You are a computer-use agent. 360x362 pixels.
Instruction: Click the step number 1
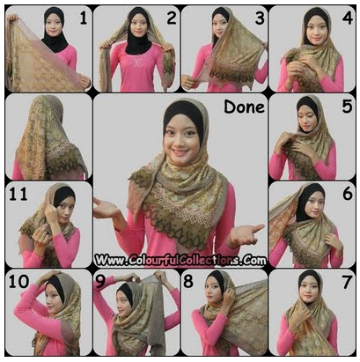pos(84,18)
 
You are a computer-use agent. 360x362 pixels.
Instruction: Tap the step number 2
pos(172,18)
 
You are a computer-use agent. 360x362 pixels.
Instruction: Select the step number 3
pos(260,18)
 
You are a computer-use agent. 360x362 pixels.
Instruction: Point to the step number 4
pos(348,18)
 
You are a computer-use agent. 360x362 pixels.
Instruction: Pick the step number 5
pos(347,107)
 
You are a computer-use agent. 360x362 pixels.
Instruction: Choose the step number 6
pos(348,194)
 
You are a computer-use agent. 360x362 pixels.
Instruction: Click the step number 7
pos(347,282)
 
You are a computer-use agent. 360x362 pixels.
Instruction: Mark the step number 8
pos(188,281)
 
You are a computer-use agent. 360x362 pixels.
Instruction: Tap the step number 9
pos(100,281)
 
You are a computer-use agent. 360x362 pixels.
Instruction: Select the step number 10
pos(18,281)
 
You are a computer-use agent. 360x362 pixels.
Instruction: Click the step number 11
pos(18,194)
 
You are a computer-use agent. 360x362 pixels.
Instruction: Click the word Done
pos(244,107)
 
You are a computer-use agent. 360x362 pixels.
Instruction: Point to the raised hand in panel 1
pos(12,18)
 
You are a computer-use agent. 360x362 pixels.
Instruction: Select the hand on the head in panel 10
pos(49,275)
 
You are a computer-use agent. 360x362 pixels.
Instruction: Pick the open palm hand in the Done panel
pos(105,208)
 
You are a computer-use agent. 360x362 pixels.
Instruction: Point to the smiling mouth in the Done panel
pos(180,152)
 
